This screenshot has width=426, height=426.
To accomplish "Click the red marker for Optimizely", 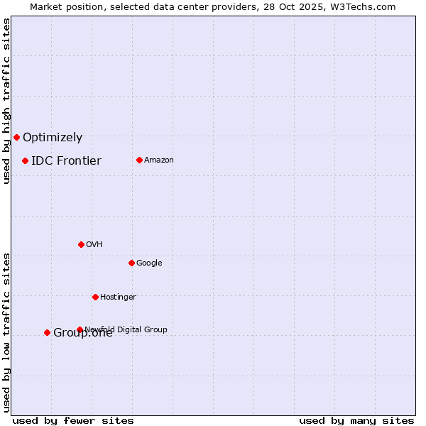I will (x=16, y=137).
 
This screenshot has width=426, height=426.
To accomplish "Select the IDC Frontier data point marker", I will (x=25, y=160).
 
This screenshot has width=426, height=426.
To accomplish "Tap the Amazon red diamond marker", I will (x=139, y=160).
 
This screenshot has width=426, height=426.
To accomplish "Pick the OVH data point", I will (x=81, y=244).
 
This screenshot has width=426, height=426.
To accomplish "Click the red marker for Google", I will (x=131, y=263).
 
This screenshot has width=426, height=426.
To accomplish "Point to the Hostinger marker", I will (x=95, y=297).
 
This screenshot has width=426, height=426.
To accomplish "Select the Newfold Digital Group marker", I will (x=80, y=329).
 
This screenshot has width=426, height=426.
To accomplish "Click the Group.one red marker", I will (x=47, y=332).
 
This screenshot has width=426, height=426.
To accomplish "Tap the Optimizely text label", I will (x=53, y=138).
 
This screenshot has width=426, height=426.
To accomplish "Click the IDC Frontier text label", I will (x=66, y=160).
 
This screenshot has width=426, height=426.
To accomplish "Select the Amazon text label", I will (x=159, y=160).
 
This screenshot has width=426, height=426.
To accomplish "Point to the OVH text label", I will (x=94, y=244).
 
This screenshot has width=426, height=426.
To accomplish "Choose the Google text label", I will (x=149, y=263).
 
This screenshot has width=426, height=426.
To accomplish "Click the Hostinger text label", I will (x=118, y=297).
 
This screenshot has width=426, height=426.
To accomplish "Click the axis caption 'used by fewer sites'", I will (x=73, y=420).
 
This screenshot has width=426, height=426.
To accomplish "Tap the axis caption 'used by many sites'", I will (x=356, y=420).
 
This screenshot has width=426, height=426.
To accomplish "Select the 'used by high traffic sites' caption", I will (x=6, y=101).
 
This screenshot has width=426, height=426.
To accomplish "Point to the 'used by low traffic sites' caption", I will (x=6, y=332).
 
